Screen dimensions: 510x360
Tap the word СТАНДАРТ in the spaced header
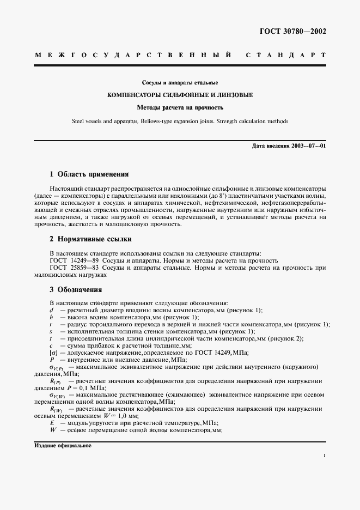pyautogui.click(x=286, y=56)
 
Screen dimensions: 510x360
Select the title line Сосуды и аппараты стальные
pyautogui.click(x=180, y=82)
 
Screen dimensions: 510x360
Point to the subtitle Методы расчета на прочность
pyautogui.click(x=180, y=108)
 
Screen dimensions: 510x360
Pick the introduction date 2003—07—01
pyautogui.click(x=307, y=147)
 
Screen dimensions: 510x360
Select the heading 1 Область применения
pyautogui.click(x=89, y=174)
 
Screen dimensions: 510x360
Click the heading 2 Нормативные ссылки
pyautogui.click(x=90, y=239)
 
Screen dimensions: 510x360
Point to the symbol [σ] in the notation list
pyautogui.click(x=53, y=353)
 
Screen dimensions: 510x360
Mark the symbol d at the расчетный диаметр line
pyautogui.click(x=51, y=310)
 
